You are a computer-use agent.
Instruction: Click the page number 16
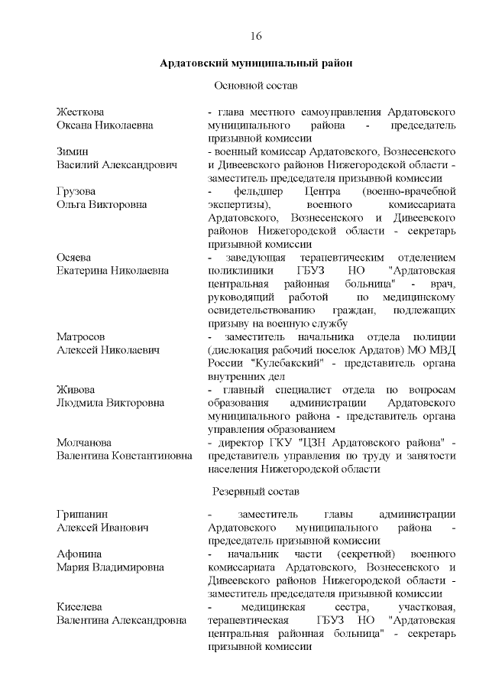point(256,37)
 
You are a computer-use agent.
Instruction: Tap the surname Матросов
point(82,336)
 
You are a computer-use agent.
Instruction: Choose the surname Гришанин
point(82,514)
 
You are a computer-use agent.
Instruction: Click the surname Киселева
point(81,607)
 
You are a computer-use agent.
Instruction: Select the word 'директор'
point(240,443)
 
